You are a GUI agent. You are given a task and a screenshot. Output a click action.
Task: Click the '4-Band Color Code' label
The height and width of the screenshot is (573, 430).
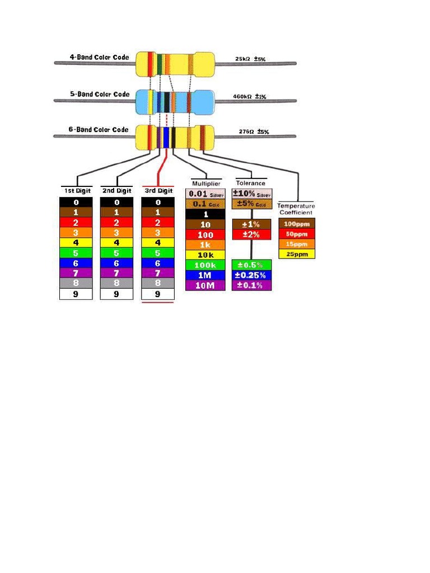(99, 57)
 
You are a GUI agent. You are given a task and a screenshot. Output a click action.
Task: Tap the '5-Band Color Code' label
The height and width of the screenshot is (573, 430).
(99, 94)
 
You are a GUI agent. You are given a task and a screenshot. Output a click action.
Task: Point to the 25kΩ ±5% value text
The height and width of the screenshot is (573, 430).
(250, 59)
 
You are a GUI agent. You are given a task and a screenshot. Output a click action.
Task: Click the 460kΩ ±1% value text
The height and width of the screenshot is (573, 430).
(250, 96)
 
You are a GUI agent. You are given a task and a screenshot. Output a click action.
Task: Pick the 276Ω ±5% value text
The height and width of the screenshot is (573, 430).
(254, 132)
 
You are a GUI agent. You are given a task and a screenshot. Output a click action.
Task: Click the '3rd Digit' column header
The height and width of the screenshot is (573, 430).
(157, 191)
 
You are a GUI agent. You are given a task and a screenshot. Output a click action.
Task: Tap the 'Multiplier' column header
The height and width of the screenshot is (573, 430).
(206, 183)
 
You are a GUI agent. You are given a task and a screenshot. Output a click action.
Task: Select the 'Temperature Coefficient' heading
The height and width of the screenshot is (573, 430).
(296, 209)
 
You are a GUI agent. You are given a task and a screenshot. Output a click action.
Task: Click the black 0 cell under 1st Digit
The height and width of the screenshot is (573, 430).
(76, 202)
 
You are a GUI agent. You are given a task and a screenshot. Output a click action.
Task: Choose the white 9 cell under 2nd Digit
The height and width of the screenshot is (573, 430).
(116, 293)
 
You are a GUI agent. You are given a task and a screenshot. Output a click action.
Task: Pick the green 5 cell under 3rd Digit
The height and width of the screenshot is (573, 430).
(157, 253)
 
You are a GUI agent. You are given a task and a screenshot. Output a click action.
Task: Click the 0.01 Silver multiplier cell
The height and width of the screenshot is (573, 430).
(205, 194)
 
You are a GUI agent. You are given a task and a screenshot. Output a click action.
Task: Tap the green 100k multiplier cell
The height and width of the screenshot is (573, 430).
(205, 265)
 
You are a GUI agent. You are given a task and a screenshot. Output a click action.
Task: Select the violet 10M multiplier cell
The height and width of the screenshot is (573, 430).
(205, 285)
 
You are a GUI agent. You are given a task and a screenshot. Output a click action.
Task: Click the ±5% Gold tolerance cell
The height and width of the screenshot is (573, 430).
(251, 204)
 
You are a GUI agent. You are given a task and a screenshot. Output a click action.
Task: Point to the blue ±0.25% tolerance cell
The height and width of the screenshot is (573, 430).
(251, 275)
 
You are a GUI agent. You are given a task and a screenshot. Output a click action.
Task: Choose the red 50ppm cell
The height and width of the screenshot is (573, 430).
(296, 233)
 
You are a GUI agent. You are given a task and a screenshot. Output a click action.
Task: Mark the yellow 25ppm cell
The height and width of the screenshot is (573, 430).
(296, 253)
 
